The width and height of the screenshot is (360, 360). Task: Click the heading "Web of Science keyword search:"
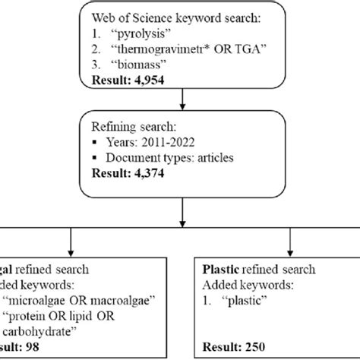178,17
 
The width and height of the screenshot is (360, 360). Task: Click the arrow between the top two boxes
181,103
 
